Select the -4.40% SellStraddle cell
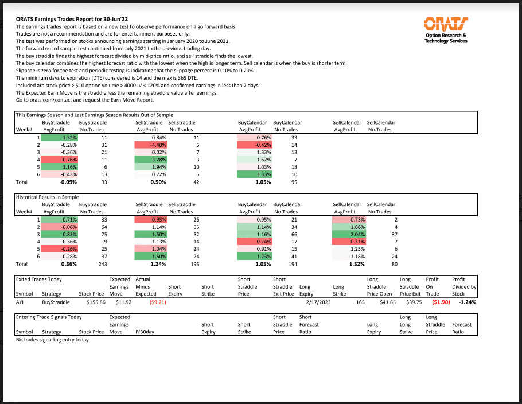(151, 145)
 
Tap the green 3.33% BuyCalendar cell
(254, 174)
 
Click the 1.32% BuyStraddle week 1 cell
(59, 138)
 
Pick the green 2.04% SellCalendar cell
(349, 235)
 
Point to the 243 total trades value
(103, 264)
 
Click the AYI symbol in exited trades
(20, 302)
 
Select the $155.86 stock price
(96, 302)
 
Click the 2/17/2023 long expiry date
(318, 302)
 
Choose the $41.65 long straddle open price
(388, 302)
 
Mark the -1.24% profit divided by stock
(468, 302)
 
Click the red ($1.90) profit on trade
(441, 302)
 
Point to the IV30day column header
(145, 332)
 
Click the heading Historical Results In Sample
(47, 197)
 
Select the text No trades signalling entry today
(52, 340)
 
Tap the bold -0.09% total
(68, 182)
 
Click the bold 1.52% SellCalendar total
(357, 264)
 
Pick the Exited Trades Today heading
(39, 279)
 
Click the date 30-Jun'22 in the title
(115, 20)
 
